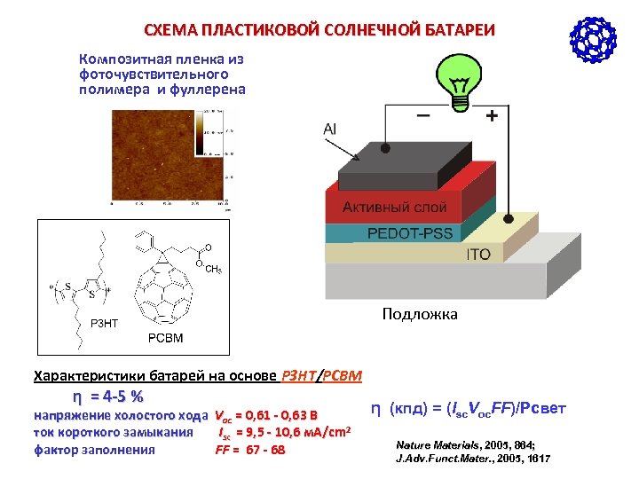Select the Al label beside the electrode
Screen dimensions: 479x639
(330, 130)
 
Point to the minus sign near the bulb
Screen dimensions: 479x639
(424, 116)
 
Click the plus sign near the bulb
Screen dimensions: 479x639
(491, 116)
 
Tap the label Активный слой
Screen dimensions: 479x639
(395, 208)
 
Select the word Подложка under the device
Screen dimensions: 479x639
(420, 314)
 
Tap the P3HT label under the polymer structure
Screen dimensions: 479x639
(103, 323)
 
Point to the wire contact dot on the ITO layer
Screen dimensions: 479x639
(507, 217)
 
